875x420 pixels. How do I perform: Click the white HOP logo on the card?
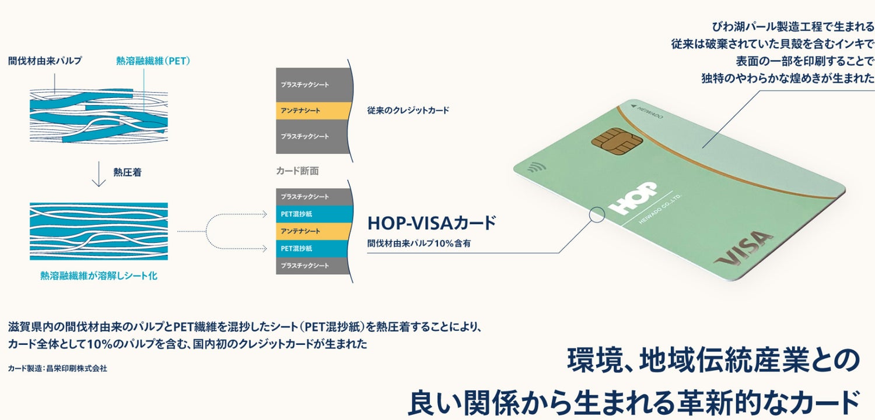click(632, 197)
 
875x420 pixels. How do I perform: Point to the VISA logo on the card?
click(744, 249)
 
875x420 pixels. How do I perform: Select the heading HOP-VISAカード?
click(431, 223)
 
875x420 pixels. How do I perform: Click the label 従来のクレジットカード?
click(408, 110)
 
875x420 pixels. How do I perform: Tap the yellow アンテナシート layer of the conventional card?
click(313, 110)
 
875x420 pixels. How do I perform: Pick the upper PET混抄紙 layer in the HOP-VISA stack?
click(313, 214)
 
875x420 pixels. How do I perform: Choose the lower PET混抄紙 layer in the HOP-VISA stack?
click(313, 248)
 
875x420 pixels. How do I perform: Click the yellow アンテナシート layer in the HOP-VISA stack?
click(313, 231)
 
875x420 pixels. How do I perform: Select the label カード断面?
click(297, 171)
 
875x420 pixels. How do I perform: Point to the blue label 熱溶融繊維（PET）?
click(153, 61)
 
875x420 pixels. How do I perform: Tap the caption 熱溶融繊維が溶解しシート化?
click(99, 276)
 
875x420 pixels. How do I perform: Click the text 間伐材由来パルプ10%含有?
click(418, 243)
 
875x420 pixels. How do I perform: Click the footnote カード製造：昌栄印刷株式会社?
click(58, 368)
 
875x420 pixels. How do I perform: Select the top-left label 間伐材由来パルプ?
click(45, 61)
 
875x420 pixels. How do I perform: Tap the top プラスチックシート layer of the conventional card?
click(313, 85)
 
